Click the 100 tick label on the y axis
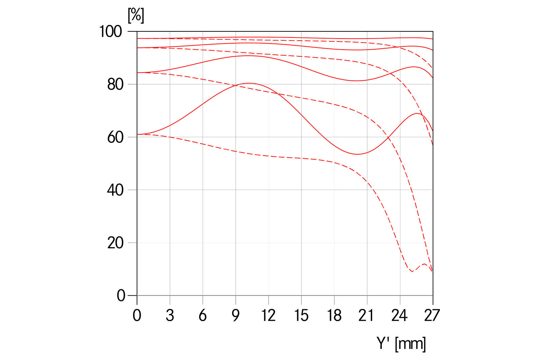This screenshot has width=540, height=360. tap(110, 31)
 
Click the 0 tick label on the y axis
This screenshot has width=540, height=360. tap(121, 296)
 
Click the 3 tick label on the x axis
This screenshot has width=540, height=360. tap(170, 315)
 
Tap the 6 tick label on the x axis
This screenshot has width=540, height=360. tap(203, 315)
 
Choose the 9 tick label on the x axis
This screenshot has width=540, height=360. tap(236, 315)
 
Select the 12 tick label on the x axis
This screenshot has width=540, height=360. tap(268, 315)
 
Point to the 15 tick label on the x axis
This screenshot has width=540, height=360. tap(301, 315)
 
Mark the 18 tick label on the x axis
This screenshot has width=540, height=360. tap(334, 315)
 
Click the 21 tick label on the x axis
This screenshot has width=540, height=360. tap(367, 315)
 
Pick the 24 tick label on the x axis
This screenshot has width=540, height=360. tap(400, 315)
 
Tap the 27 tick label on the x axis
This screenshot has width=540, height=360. tap(432, 315)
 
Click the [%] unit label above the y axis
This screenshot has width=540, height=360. tap(136, 15)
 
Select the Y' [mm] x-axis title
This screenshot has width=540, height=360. tap(401, 344)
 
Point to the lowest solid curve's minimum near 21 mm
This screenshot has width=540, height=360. tap(357, 154)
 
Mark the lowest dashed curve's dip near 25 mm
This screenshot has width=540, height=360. tap(412, 272)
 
